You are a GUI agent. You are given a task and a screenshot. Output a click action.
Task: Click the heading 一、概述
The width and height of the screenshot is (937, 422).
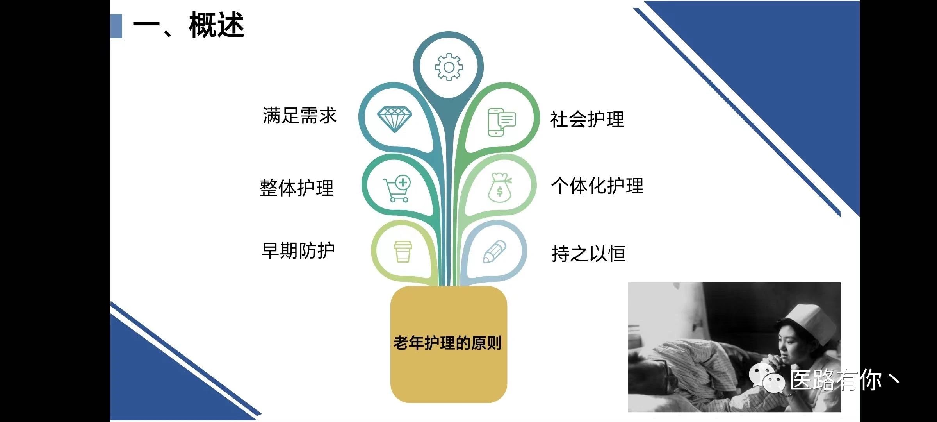[x=189, y=25]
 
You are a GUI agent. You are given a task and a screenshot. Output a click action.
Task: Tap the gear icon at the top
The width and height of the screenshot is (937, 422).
[x=449, y=67]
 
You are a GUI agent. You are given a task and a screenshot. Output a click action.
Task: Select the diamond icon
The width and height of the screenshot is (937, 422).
[x=395, y=119]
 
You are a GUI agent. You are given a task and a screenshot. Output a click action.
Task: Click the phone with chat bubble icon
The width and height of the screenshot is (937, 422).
[x=502, y=122]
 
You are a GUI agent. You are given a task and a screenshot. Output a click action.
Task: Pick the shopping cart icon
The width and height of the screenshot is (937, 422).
[x=397, y=188]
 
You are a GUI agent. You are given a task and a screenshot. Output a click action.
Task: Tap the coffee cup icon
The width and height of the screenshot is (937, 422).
[x=403, y=251]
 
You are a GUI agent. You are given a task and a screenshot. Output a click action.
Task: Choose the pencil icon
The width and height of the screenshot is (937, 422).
[x=494, y=252]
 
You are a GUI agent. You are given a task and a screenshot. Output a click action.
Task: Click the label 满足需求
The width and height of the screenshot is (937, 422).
[x=299, y=116]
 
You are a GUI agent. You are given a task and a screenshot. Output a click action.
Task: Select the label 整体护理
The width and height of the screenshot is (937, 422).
[x=297, y=188]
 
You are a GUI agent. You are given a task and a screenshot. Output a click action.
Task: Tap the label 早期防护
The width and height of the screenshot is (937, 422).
[x=298, y=251]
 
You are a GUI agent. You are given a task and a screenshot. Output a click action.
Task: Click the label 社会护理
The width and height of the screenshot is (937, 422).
[x=587, y=119]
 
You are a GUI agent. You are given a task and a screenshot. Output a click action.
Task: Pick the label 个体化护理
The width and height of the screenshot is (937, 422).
[x=597, y=186]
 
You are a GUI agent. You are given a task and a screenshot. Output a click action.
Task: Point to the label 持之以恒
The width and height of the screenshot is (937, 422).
[x=589, y=254]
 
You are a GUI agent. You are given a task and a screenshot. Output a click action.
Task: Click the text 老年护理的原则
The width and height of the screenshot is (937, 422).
[x=447, y=343]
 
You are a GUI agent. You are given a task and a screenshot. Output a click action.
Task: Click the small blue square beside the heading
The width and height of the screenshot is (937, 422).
[x=116, y=26]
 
